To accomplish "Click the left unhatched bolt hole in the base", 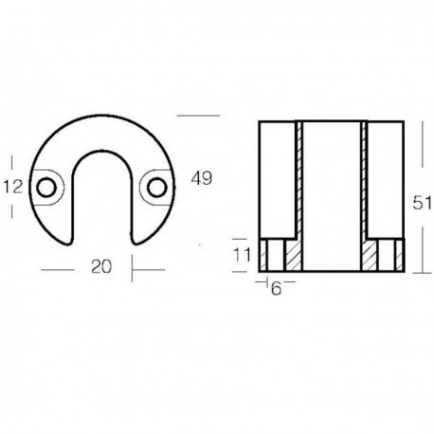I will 275,256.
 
